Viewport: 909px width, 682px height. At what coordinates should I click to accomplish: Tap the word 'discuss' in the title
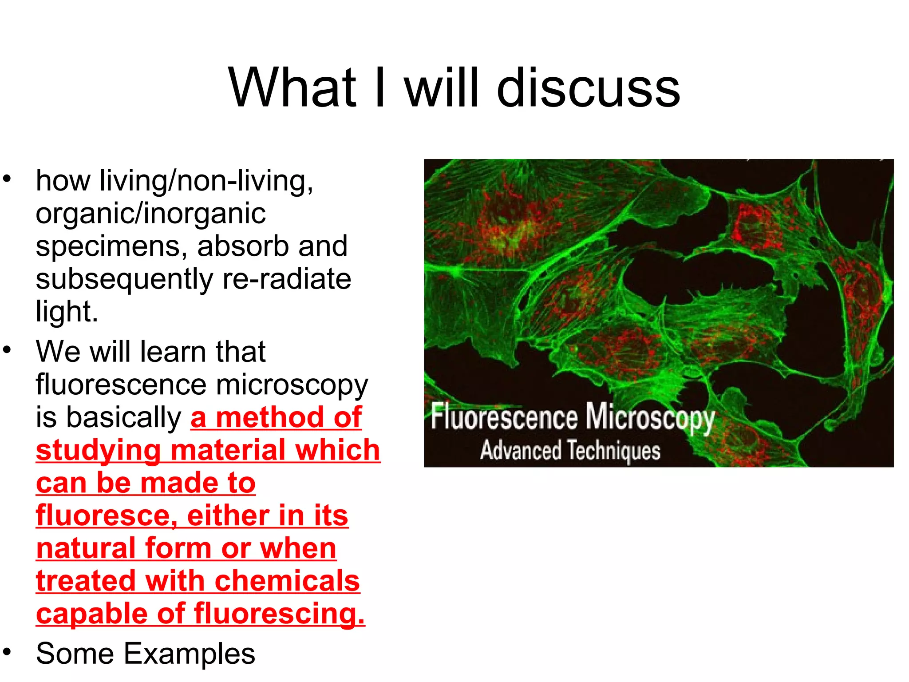click(588, 87)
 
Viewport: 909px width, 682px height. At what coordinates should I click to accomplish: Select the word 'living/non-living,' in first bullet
click(206, 181)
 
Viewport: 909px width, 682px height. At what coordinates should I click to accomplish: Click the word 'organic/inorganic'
click(150, 214)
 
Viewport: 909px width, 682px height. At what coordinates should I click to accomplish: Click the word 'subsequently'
click(124, 280)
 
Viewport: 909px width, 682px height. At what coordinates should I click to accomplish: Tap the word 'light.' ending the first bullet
click(67, 311)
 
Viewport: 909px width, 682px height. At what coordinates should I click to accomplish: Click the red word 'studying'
click(98, 451)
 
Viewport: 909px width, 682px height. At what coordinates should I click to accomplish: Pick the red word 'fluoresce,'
click(107, 516)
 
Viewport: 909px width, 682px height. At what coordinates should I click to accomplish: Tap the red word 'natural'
click(86, 549)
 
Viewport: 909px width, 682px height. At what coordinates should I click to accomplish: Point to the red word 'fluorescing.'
click(279, 614)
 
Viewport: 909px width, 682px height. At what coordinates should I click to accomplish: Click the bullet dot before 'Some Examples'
click(6, 651)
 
